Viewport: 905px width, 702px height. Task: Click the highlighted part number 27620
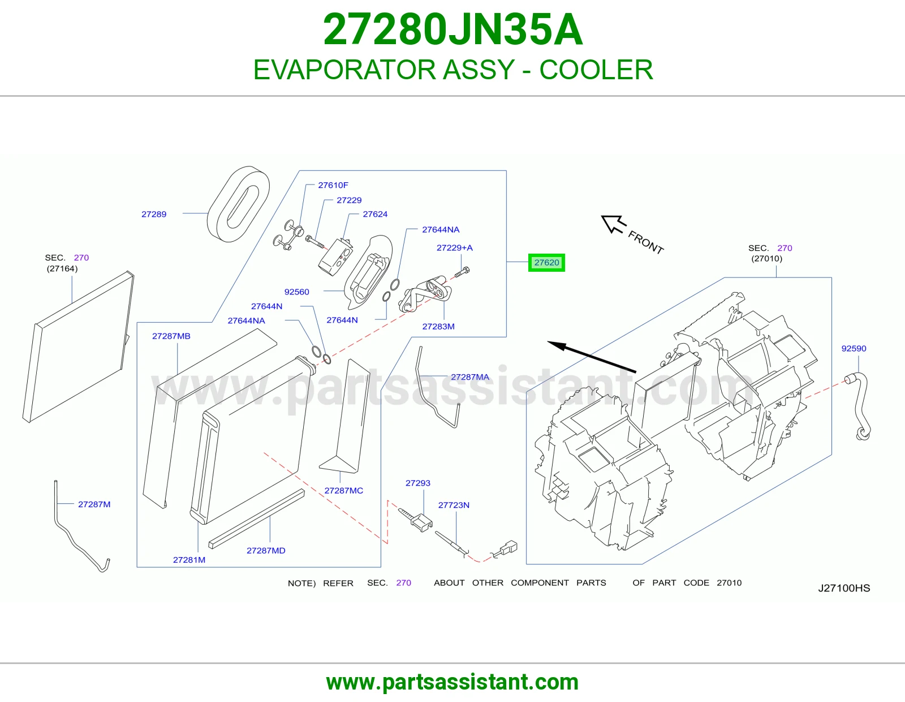(546, 263)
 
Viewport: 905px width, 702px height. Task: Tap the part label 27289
(154, 214)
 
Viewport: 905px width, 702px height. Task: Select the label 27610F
(333, 185)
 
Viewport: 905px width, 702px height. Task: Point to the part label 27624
(375, 214)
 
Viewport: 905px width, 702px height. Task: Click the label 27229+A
(454, 247)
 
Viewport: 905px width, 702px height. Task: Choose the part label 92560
(296, 292)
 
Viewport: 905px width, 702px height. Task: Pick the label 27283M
(438, 327)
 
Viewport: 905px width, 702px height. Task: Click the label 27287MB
(171, 336)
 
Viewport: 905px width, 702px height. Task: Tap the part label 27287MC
(343, 491)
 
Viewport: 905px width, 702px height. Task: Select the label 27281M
(189, 560)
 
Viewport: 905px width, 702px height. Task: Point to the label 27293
(418, 483)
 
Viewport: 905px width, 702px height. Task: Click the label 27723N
(454, 505)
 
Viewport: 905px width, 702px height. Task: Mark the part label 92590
(854, 349)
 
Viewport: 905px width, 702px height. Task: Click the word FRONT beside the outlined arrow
(645, 242)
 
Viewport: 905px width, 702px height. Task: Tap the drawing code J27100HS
(844, 588)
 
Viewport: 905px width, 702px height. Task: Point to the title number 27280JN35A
(453, 29)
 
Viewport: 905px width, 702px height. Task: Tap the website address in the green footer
(453, 682)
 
